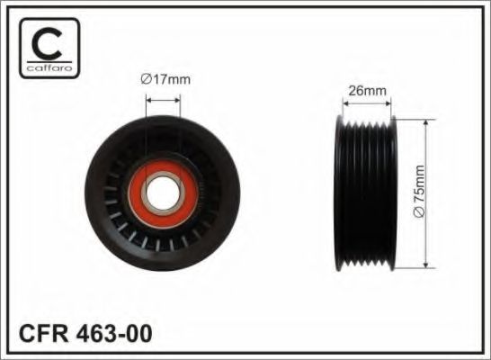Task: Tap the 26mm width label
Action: click(x=368, y=90)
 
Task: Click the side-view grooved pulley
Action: click(x=368, y=193)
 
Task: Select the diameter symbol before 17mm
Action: click(x=146, y=79)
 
